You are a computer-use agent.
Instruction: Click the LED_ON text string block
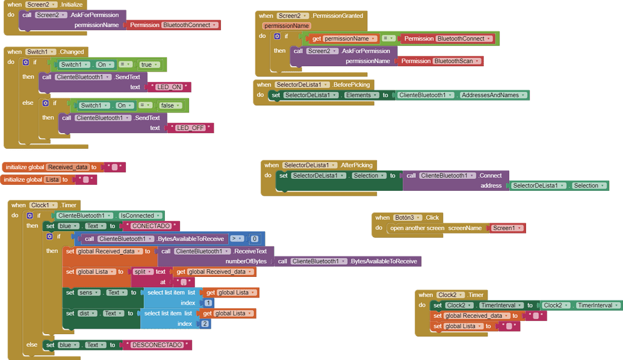(169, 87)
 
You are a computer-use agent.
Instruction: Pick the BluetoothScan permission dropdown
(457, 61)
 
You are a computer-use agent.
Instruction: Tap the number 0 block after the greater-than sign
(255, 239)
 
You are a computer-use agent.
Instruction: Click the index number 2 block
(205, 324)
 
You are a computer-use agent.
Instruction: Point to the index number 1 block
(208, 303)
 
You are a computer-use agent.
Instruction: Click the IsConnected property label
(141, 216)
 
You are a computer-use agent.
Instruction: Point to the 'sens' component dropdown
(88, 293)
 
